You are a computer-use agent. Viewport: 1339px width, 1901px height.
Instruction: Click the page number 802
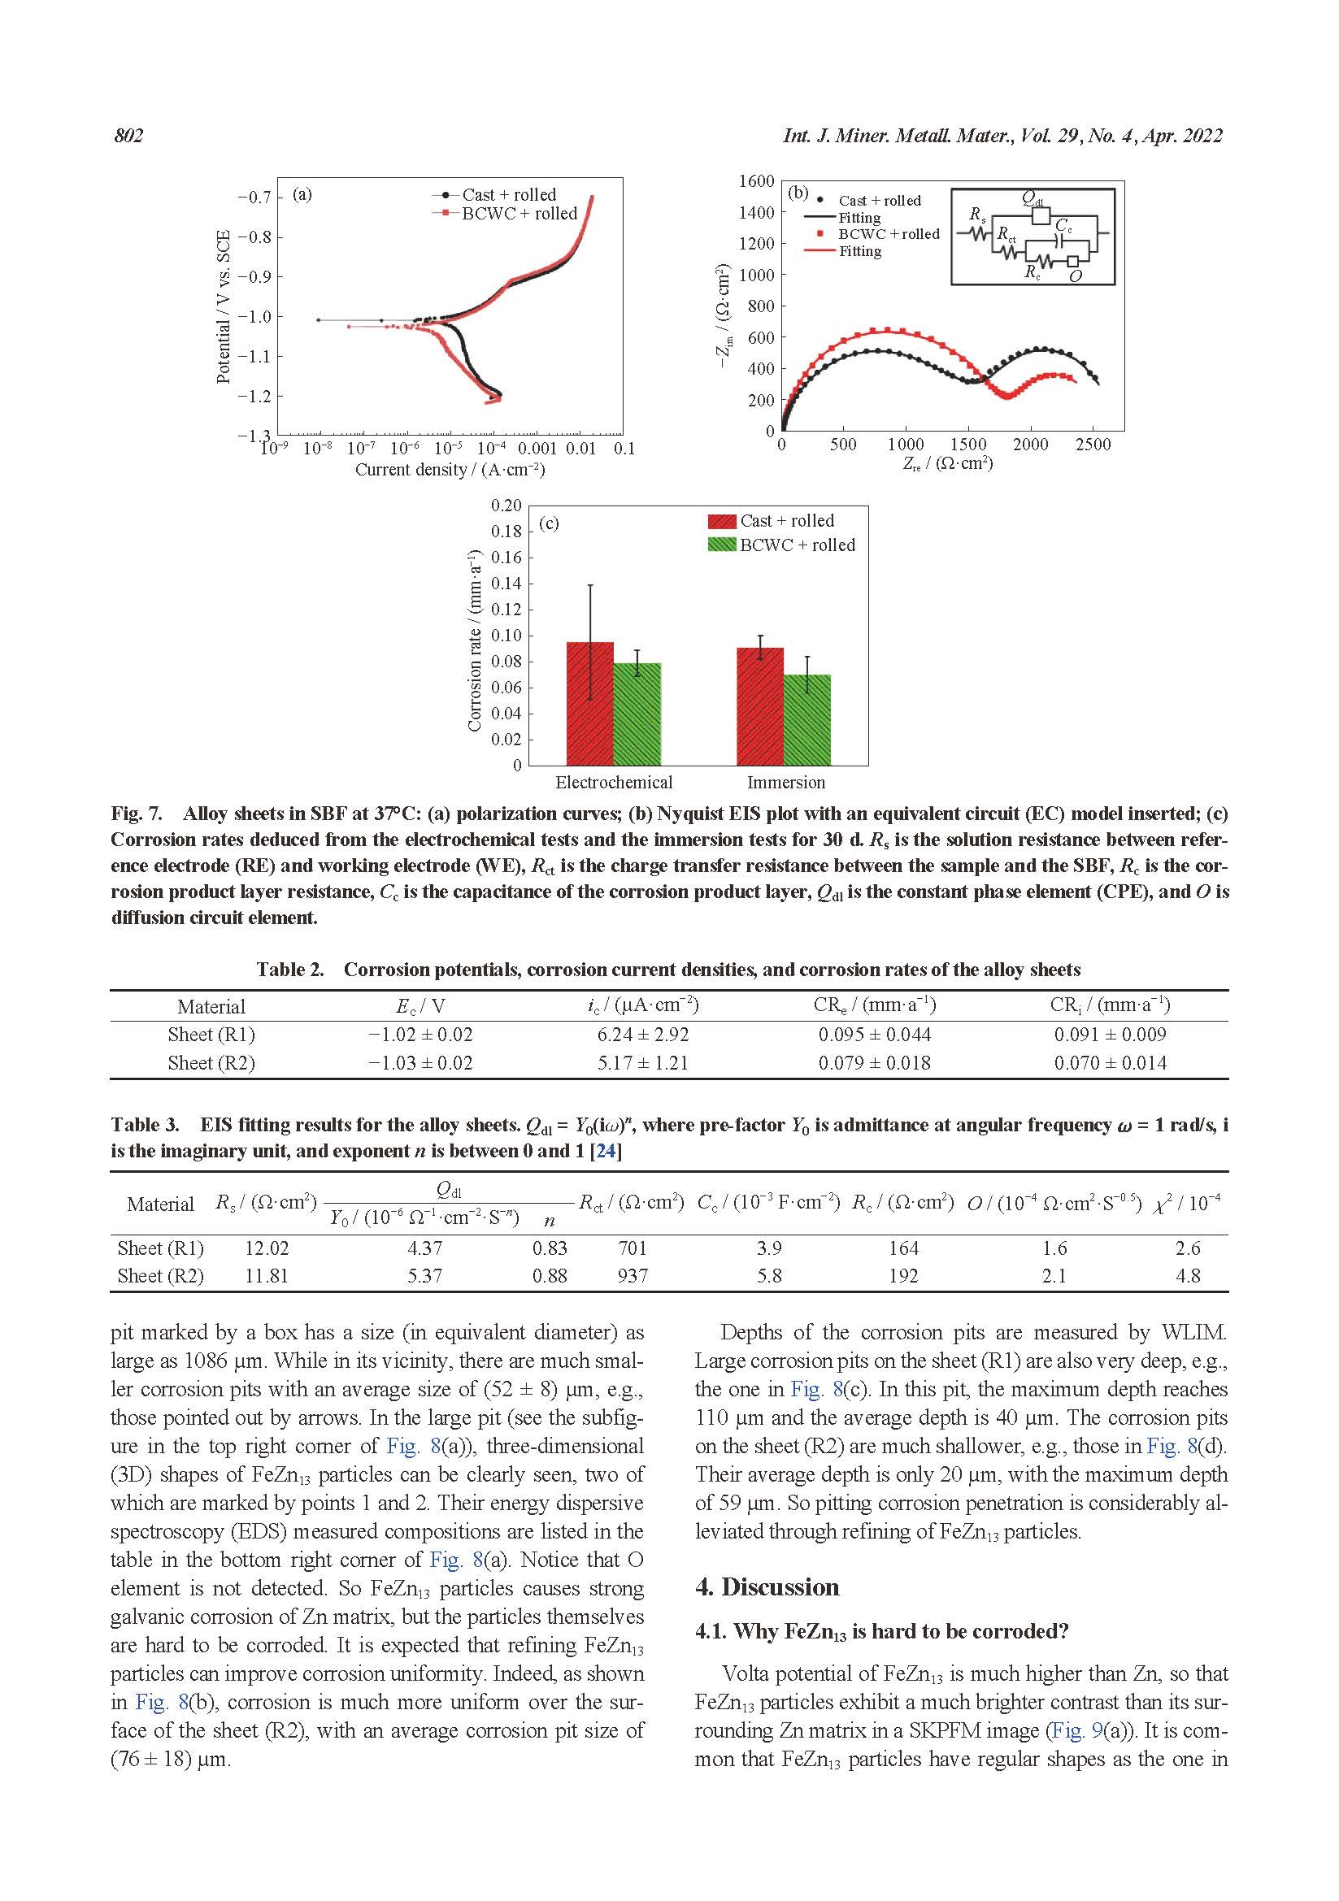coord(128,137)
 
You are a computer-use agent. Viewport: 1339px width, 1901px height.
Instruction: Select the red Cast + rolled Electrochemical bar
coord(589,703)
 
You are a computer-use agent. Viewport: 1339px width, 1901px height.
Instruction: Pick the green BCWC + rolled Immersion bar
coord(806,719)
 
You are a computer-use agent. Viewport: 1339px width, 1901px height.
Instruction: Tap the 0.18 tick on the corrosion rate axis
coord(506,532)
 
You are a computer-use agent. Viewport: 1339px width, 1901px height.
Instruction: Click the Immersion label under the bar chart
coord(786,783)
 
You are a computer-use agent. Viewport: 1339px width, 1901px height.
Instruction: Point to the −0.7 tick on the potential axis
coord(254,197)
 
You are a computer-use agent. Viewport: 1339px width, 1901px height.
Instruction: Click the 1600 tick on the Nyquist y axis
coord(756,181)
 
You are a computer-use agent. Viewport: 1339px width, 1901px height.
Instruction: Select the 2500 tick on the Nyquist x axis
coord(1092,445)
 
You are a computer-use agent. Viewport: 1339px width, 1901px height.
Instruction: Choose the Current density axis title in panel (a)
coord(450,470)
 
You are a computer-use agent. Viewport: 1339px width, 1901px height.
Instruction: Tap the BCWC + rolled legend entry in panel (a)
coord(519,214)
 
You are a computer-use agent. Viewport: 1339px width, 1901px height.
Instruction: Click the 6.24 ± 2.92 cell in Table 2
coord(642,1035)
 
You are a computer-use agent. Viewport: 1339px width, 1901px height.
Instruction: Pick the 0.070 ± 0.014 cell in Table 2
coord(1110,1063)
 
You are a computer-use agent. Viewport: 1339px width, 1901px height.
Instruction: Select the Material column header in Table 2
coord(211,1007)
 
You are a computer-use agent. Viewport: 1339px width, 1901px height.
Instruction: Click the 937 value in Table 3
coord(632,1276)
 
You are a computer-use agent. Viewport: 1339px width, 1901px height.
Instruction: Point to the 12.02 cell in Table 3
coord(267,1248)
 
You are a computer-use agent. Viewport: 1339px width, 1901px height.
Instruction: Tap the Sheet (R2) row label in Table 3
coord(161,1276)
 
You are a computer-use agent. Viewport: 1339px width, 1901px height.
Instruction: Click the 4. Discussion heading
coord(767,1587)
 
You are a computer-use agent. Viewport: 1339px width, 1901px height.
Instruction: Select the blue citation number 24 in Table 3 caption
coord(606,1151)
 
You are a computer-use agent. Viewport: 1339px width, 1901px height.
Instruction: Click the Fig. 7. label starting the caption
coord(137,814)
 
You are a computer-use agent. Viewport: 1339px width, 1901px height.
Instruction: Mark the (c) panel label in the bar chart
coord(548,523)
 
